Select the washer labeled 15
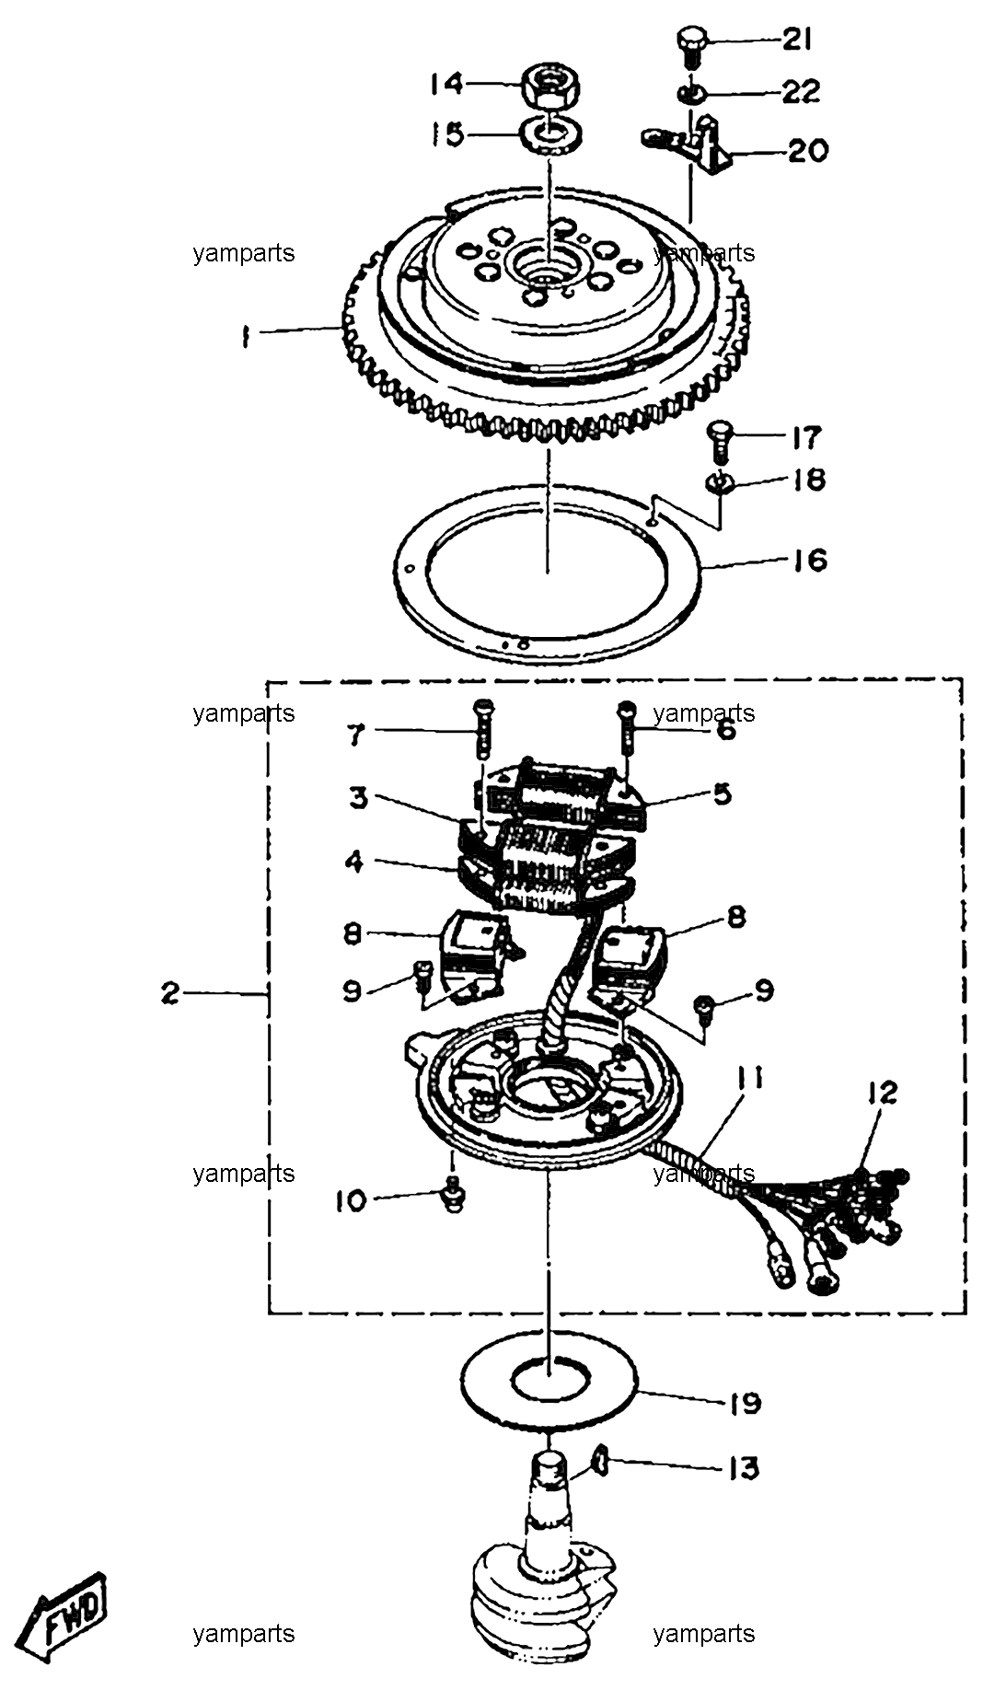550,135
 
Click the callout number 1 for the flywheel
244,338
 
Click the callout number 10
351,1200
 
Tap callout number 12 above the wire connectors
882,1093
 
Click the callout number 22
802,91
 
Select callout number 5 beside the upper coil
723,793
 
